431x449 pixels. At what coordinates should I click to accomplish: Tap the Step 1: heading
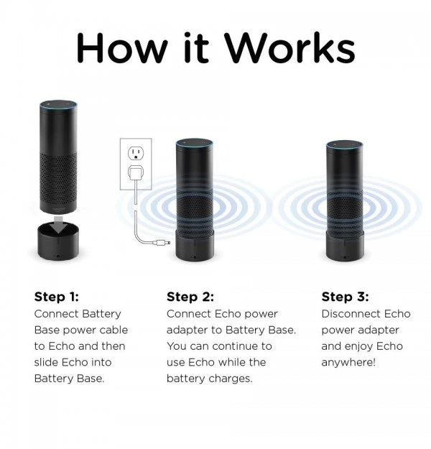[57, 297]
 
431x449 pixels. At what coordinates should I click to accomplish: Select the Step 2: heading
[190, 297]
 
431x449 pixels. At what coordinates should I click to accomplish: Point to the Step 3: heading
[346, 297]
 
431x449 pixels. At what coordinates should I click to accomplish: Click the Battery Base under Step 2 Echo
[194, 248]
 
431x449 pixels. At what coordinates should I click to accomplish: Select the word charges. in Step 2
[231, 379]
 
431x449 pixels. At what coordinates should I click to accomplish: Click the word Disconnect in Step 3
[351, 314]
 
